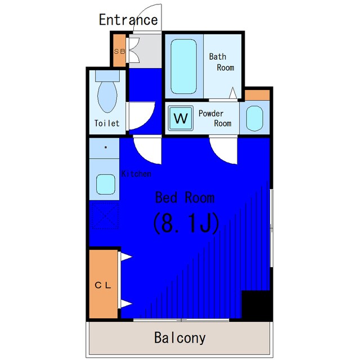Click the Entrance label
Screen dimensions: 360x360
pos(128,20)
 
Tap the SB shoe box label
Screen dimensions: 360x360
pos(120,51)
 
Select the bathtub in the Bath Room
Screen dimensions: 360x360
pos(184,66)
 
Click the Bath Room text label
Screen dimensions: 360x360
pos(222,62)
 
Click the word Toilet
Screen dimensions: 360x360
pos(107,123)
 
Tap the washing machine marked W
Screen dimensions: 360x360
pos(181,118)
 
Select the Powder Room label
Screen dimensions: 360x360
pos(215,118)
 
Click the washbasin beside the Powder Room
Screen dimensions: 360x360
pos(255,118)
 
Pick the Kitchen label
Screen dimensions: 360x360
pos(136,174)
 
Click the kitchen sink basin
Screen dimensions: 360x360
pos(106,184)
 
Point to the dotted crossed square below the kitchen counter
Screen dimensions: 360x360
pos(105,215)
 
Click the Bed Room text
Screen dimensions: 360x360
pos(185,197)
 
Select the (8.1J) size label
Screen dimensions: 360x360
pos(186,223)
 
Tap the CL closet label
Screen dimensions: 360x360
pos(103,285)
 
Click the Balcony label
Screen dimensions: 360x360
pos(180,338)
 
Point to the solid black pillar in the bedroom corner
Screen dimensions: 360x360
pos(256,305)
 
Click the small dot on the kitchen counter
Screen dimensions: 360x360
pos(106,147)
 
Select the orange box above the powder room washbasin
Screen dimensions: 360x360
pos(257,95)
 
